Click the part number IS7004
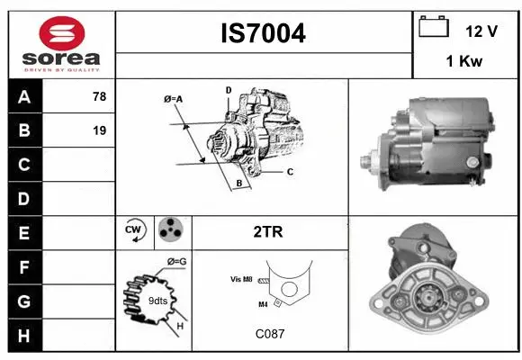[264, 33]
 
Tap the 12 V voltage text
[481, 31]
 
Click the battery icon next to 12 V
[434, 29]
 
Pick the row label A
[23, 97]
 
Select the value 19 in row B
[99, 130]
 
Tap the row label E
[23, 233]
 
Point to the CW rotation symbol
[135, 231]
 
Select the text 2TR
[269, 232]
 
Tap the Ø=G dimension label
[176, 262]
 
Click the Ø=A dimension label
[174, 99]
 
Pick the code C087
[269, 334]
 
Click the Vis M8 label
[240, 280]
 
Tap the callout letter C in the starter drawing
[290, 171]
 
